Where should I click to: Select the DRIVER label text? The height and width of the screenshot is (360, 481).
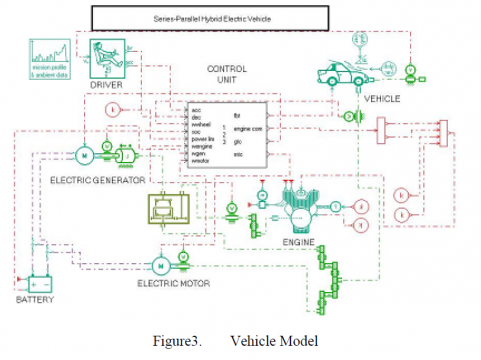click(x=106, y=85)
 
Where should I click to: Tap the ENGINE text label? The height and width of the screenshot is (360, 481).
click(x=299, y=242)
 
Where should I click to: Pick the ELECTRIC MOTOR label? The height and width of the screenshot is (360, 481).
click(x=174, y=284)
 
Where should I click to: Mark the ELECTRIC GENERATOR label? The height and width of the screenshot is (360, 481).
click(x=95, y=179)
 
